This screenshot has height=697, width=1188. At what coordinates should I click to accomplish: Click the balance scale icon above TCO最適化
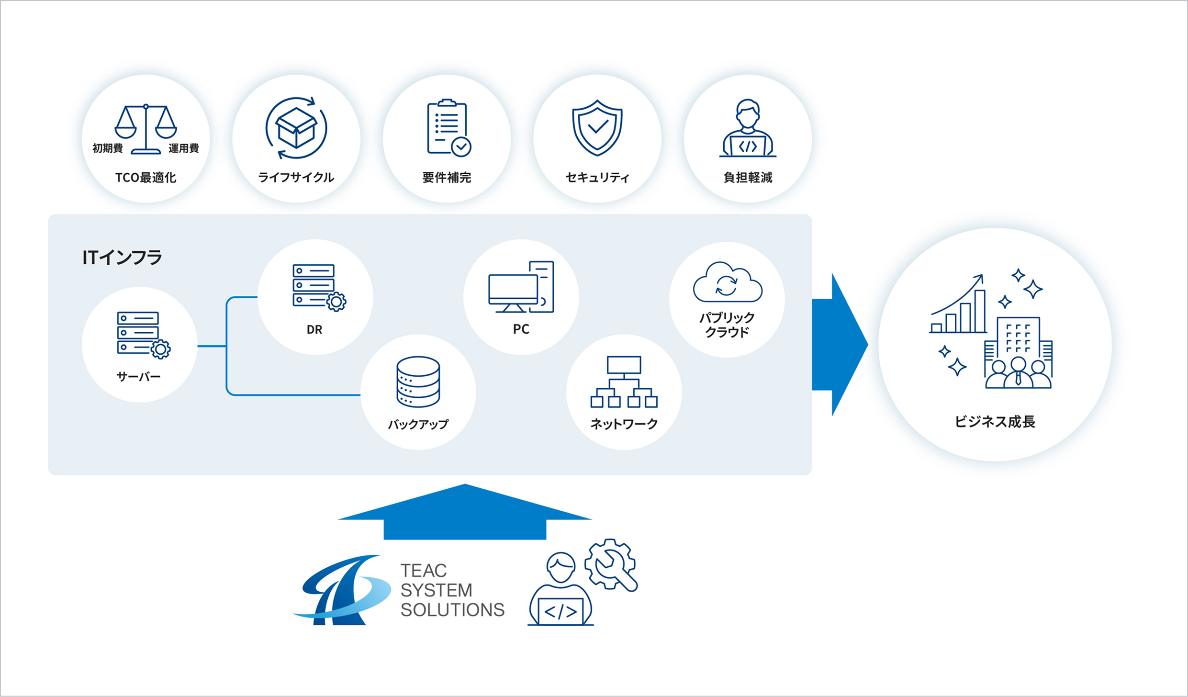[x=146, y=129]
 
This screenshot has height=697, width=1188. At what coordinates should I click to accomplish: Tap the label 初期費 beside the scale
[x=108, y=148]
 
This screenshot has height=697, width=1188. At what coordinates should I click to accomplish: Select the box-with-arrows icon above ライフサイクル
[x=297, y=128]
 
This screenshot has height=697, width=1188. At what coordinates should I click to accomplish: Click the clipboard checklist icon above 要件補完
[x=449, y=128]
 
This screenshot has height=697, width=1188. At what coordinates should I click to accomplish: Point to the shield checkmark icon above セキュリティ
[x=597, y=128]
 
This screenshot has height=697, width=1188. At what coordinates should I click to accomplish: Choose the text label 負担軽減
[x=748, y=178]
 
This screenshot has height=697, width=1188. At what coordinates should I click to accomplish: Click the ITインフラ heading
[x=123, y=258]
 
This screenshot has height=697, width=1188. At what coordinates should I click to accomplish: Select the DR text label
[x=314, y=330]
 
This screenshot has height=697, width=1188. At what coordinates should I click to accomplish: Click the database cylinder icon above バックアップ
[x=418, y=382]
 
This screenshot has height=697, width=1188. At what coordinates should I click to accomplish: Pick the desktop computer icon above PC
[x=521, y=287]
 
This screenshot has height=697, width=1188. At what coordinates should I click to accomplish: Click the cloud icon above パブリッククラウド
[x=728, y=282]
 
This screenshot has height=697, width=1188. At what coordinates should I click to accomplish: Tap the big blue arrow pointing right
[x=840, y=345]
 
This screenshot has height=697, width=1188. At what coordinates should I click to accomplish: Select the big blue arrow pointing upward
[x=465, y=512]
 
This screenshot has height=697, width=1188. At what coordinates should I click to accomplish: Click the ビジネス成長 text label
[x=995, y=422]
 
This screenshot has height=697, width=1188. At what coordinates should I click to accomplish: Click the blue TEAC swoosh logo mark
[x=342, y=590]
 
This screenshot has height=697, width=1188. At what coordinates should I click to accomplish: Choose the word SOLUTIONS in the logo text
[x=453, y=610]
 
